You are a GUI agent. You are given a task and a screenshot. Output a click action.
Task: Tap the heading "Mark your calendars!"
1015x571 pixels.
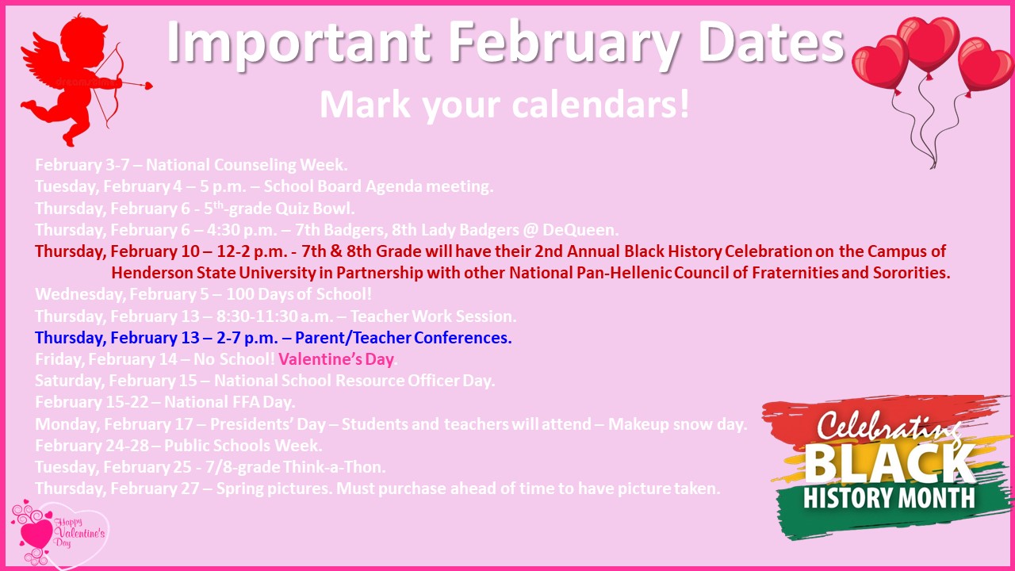click(504, 105)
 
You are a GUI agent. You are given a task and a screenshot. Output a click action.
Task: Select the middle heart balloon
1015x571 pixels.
click(928, 44)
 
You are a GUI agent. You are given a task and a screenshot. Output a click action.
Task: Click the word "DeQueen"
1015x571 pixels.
click(580, 230)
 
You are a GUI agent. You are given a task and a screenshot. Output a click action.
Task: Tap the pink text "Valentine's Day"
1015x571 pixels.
click(335, 359)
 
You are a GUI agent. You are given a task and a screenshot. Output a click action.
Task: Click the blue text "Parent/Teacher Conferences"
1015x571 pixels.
click(402, 338)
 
